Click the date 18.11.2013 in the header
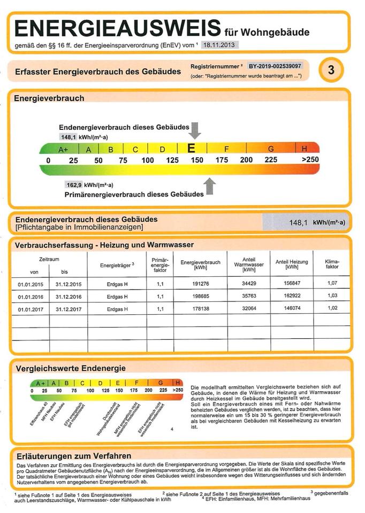pyautogui.click(x=219, y=45)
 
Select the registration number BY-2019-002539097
pyautogui.click(x=275, y=66)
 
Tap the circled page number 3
pyautogui.click(x=331, y=70)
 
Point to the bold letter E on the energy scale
pyautogui.click(x=191, y=149)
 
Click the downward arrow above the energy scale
pyautogui.click(x=195, y=130)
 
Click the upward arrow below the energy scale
pyautogui.click(x=210, y=186)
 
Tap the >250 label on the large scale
pyautogui.click(x=310, y=160)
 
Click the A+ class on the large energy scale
pyautogui.click(x=63, y=149)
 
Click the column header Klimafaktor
pyautogui.click(x=332, y=263)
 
